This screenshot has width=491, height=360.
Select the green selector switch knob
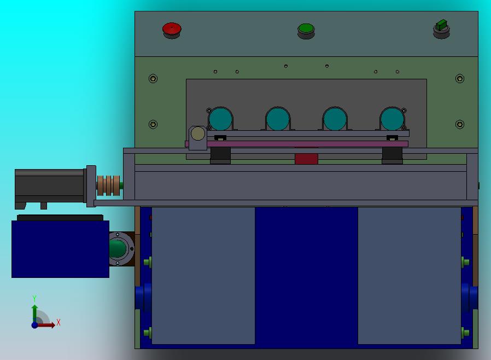(442, 25)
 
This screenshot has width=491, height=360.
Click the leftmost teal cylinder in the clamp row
(220, 119)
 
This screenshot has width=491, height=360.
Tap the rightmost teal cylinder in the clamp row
(392, 119)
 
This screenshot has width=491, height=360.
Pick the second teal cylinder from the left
(278, 119)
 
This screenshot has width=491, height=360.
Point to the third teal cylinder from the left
(335, 119)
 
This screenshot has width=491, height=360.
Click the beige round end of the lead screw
(198, 133)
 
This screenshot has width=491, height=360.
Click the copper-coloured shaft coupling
(108, 185)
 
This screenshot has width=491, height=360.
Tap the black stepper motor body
(49, 186)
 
